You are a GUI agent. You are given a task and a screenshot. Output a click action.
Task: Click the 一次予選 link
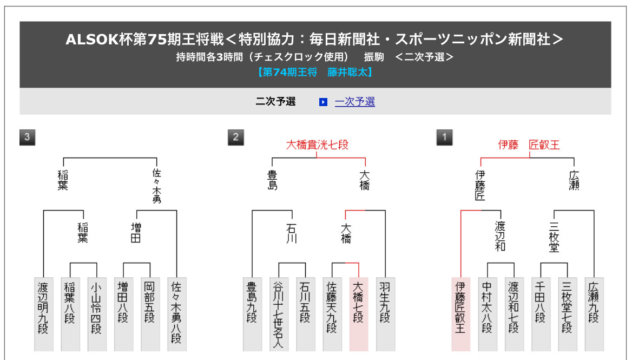354,102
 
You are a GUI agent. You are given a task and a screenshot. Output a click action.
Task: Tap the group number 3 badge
27,138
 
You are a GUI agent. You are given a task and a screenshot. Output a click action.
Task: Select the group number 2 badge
235,138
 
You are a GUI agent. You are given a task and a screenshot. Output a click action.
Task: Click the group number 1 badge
444,138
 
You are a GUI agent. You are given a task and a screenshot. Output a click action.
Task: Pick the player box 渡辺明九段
43,314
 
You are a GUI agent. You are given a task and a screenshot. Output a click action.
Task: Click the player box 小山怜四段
96,314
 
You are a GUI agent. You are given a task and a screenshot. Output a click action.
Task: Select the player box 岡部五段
150,314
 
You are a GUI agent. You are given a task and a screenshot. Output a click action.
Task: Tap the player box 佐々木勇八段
176,314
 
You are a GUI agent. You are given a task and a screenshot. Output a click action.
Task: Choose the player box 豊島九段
252,314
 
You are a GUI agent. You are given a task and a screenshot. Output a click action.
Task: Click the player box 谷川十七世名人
279,314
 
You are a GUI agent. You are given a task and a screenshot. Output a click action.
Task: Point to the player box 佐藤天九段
332,314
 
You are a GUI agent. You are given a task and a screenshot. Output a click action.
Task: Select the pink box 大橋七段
359,314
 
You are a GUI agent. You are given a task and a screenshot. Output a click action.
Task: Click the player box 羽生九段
385,314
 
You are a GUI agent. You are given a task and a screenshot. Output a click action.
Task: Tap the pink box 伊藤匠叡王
460,314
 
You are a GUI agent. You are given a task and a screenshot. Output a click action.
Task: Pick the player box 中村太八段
487,314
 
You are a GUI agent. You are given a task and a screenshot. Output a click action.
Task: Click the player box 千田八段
541,314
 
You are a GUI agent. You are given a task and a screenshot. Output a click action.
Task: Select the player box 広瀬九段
594,314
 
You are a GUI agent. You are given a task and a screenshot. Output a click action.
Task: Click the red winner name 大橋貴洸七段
317,145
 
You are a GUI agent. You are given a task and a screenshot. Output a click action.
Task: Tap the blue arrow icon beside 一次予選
323,102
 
